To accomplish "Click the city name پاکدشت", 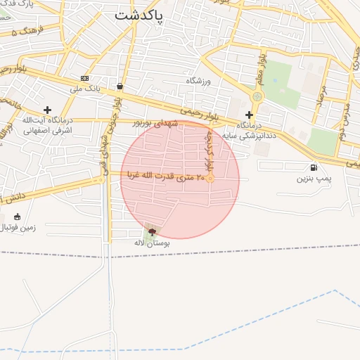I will pos(138,15).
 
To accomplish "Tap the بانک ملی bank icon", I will pos(85,78).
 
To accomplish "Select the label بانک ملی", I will pos(89,89).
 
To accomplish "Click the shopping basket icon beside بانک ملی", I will pos(120,86).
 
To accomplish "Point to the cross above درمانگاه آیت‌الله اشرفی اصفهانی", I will pos(47,110).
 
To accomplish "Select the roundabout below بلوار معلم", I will pos(257,96).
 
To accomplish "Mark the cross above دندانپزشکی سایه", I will pos(249,115).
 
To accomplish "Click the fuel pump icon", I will pos(313,167).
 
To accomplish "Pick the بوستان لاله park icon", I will pos(152,231).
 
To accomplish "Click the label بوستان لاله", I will pos(153,243).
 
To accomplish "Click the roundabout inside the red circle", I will pos(210,179).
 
